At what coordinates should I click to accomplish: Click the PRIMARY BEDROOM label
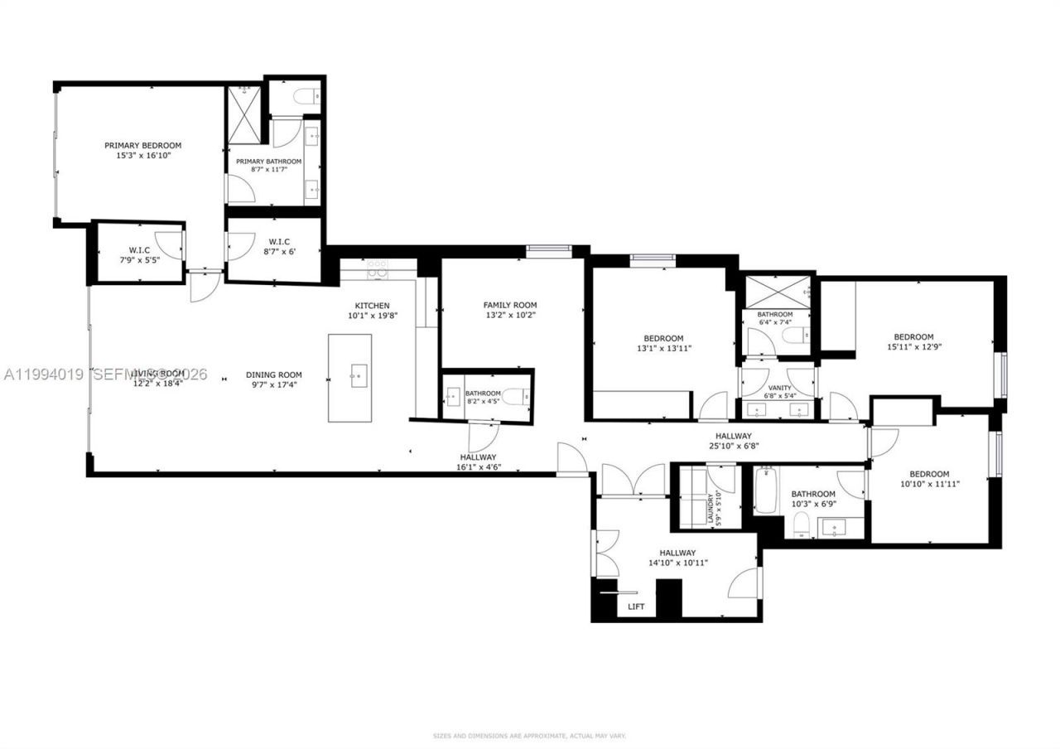[142, 145]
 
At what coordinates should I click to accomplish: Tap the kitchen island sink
[359, 375]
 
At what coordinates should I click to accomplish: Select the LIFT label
[637, 606]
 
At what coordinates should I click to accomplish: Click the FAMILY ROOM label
[510, 304]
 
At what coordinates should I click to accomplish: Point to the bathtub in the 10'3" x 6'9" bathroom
[763, 490]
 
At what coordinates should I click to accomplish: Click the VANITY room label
[779, 388]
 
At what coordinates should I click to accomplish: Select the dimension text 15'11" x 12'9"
[913, 348]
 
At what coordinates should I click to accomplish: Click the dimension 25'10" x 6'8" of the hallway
[733, 447]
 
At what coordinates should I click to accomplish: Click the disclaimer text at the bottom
[530, 735]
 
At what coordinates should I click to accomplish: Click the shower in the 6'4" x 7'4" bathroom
[776, 291]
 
